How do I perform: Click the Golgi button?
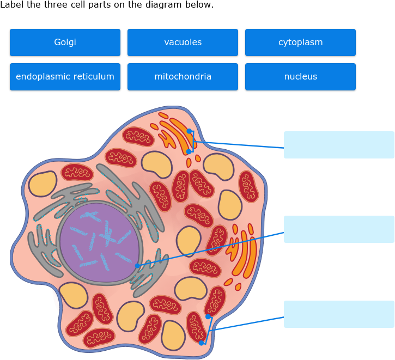point(65,42)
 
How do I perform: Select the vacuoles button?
point(183,42)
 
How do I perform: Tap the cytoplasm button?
point(300,42)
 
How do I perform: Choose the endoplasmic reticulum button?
point(65,77)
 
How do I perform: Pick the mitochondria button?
point(183,77)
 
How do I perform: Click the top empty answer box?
point(339,145)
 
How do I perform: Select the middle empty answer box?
point(339,229)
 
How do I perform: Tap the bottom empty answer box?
point(339,314)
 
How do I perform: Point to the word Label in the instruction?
point(11,5)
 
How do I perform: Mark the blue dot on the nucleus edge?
point(137,266)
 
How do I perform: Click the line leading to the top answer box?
point(240,144)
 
